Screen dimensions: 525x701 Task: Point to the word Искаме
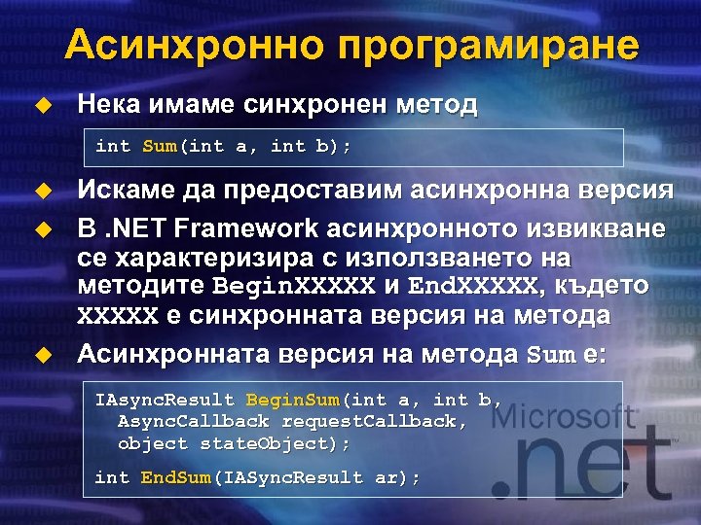click(126, 191)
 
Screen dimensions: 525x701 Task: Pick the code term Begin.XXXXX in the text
click(293, 288)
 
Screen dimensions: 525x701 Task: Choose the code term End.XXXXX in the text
click(471, 288)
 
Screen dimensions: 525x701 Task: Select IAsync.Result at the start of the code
click(165, 400)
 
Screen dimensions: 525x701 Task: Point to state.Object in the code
click(270, 442)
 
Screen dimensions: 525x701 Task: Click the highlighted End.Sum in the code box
click(174, 477)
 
